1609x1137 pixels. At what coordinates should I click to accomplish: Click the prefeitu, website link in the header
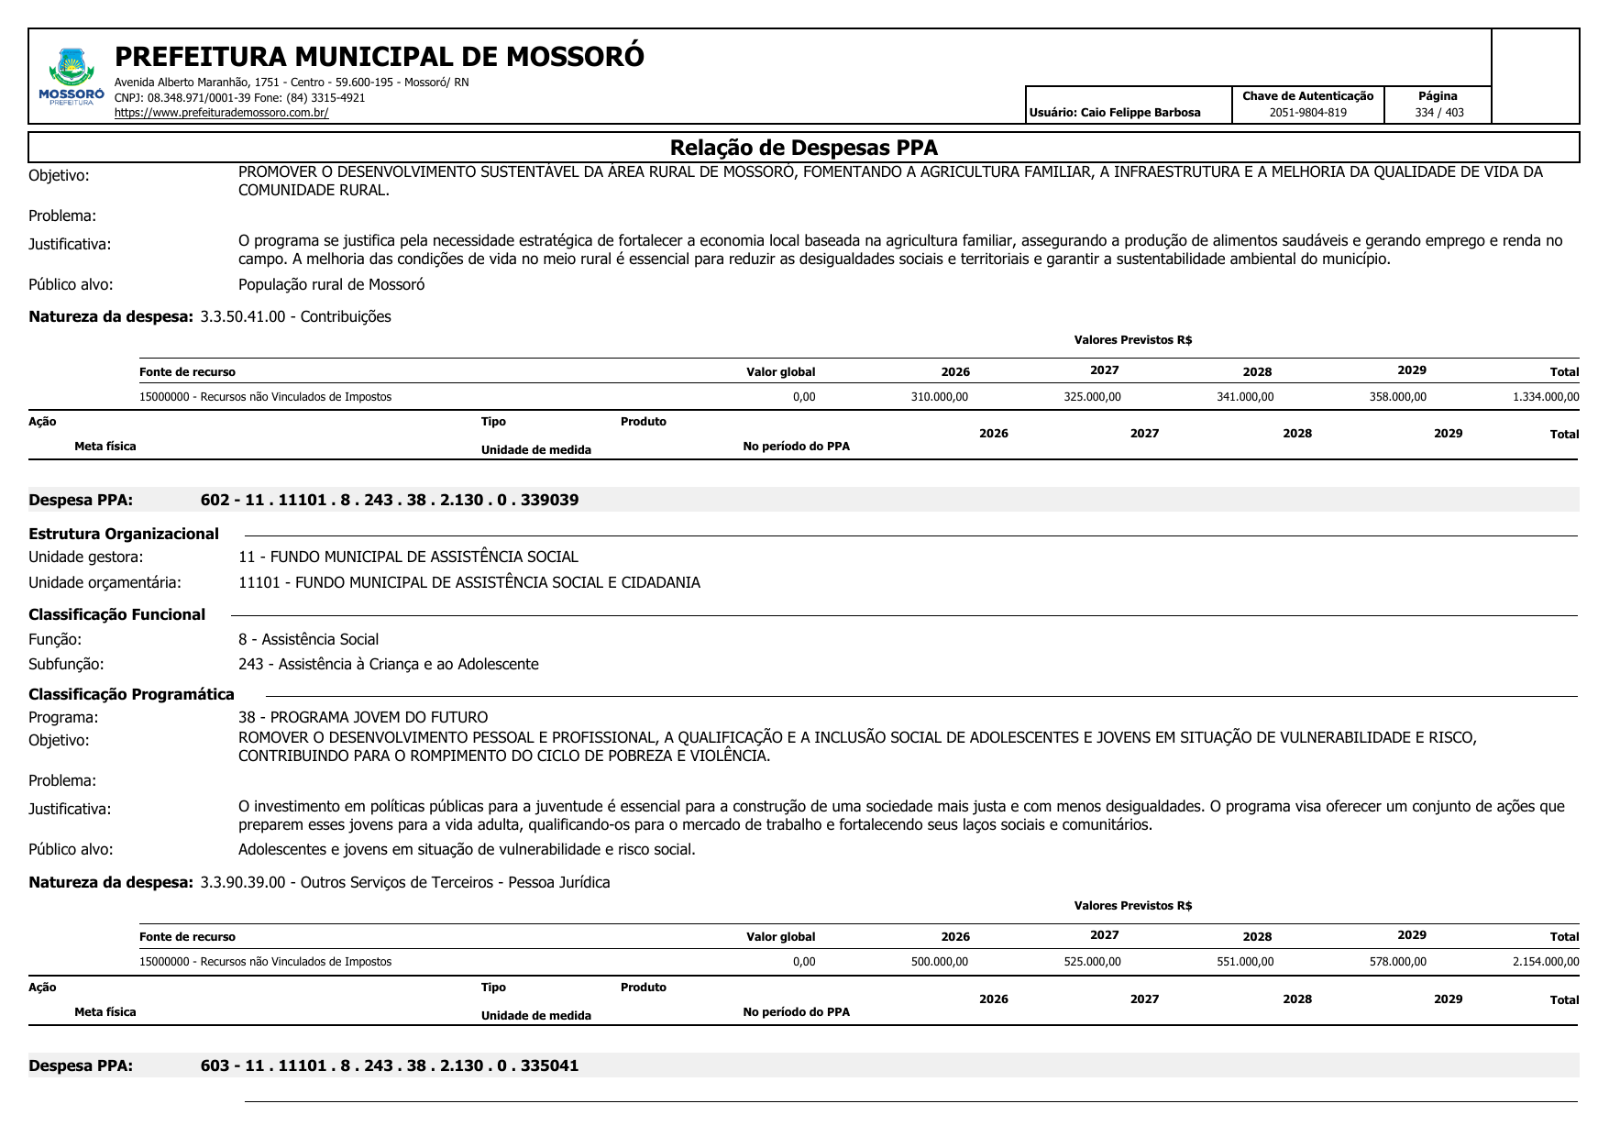pos(221,113)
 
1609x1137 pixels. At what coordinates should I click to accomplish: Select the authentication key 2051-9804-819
pos(1307,113)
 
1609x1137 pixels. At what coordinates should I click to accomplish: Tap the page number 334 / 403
pos(1438,113)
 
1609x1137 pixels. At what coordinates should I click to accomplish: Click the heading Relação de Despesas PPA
pos(803,148)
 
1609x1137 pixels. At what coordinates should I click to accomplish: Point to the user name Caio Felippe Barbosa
pos(1140,113)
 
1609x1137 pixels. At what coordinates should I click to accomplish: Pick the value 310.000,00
pos(939,397)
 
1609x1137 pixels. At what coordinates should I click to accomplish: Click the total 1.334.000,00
pos(1545,397)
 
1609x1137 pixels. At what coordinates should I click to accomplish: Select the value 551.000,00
pos(1244,962)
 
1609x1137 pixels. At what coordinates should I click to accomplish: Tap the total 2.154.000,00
pos(1545,962)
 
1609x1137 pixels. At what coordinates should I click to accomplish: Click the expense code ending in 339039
pos(390,500)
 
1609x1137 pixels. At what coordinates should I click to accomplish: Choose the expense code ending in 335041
pos(390,1065)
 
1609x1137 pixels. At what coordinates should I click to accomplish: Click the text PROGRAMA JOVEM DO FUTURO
pos(379,717)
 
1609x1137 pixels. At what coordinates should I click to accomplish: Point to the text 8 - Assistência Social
pos(308,639)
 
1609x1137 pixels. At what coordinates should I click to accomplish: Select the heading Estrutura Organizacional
pos(124,534)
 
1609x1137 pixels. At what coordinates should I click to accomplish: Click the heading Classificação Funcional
pos(116,614)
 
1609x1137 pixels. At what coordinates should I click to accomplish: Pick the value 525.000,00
pos(1092,962)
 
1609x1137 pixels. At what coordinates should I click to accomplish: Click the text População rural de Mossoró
pos(331,284)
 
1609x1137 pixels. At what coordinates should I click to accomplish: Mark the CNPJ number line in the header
pos(239,98)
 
